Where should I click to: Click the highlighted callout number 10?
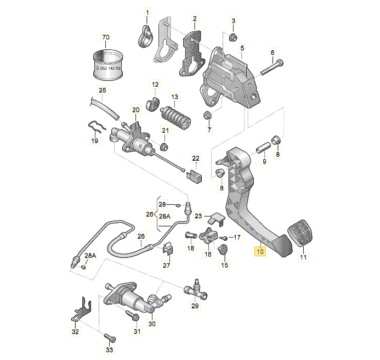(x=259, y=252)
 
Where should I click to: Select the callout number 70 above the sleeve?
(x=106, y=37)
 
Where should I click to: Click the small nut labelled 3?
(x=232, y=37)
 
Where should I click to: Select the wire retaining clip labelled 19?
(x=97, y=127)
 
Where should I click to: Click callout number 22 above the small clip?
(x=196, y=159)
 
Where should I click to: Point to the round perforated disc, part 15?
(x=223, y=251)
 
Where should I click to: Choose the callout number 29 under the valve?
(x=195, y=306)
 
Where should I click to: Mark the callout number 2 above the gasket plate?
(x=194, y=19)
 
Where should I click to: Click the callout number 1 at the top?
(x=146, y=12)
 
